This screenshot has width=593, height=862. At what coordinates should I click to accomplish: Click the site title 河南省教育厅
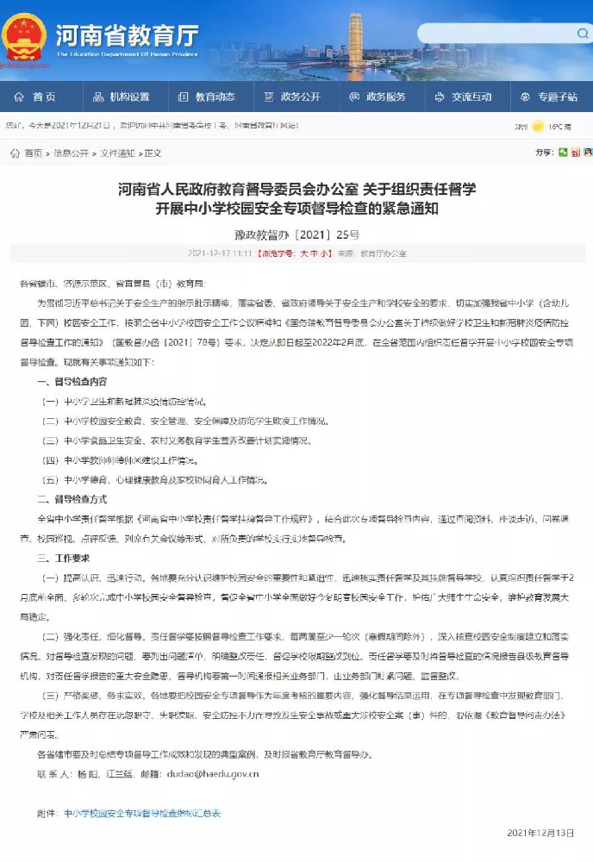tap(127, 34)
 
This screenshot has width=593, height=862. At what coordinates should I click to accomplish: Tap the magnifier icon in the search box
tap(583, 33)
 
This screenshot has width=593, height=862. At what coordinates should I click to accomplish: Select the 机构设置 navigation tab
tap(122, 97)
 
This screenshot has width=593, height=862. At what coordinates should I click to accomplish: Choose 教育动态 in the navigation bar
tap(207, 97)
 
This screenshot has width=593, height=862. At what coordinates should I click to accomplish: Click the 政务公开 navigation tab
tap(292, 97)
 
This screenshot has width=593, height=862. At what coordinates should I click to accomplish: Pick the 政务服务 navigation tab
tap(378, 97)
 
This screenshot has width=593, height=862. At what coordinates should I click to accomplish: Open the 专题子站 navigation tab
tap(548, 97)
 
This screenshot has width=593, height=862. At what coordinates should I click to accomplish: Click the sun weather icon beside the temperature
tap(539, 126)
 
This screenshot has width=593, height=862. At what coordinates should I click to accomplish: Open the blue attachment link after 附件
tap(142, 812)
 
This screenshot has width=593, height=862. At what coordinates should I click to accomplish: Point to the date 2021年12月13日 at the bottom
tap(540, 833)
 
